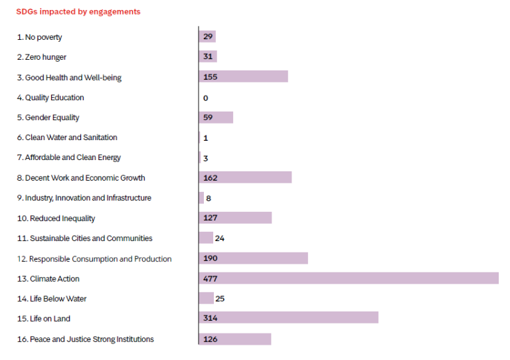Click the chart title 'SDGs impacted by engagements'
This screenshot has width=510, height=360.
coord(78,12)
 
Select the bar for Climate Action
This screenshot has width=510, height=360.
coord(349,278)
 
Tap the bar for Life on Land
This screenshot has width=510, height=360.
coord(289,318)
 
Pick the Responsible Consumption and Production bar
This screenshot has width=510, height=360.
coord(253,258)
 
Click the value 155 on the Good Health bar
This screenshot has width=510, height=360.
coord(211,77)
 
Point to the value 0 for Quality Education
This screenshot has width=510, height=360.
coord(206,98)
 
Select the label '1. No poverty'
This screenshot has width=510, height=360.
coord(39,37)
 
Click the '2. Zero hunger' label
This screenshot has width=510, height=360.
coord(41,57)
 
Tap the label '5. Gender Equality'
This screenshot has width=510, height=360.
coord(48,118)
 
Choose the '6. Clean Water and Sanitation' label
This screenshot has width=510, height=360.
coord(67,137)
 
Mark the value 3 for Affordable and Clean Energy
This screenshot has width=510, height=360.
coord(206,158)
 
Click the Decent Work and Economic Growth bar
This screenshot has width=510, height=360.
coord(245,177)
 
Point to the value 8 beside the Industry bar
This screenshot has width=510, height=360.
coord(209,198)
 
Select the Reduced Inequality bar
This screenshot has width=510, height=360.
coord(235,218)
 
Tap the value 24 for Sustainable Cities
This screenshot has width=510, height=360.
coord(219,238)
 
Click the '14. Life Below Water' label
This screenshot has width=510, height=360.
coord(52,299)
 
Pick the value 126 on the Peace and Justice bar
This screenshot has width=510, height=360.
coord(211,339)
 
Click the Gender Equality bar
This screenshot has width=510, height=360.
coord(216,118)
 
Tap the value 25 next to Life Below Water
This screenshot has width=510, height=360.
coord(220,299)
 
